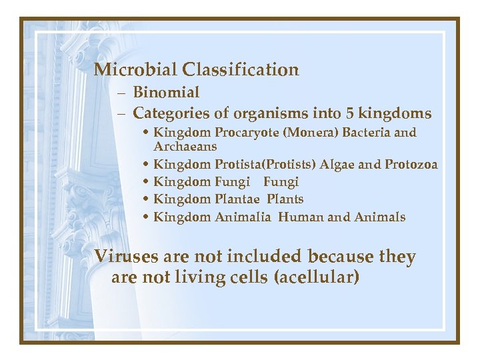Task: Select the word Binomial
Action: click(166, 93)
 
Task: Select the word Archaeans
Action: click(185, 146)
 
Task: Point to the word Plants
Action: click(285, 199)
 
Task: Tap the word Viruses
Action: click(125, 257)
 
